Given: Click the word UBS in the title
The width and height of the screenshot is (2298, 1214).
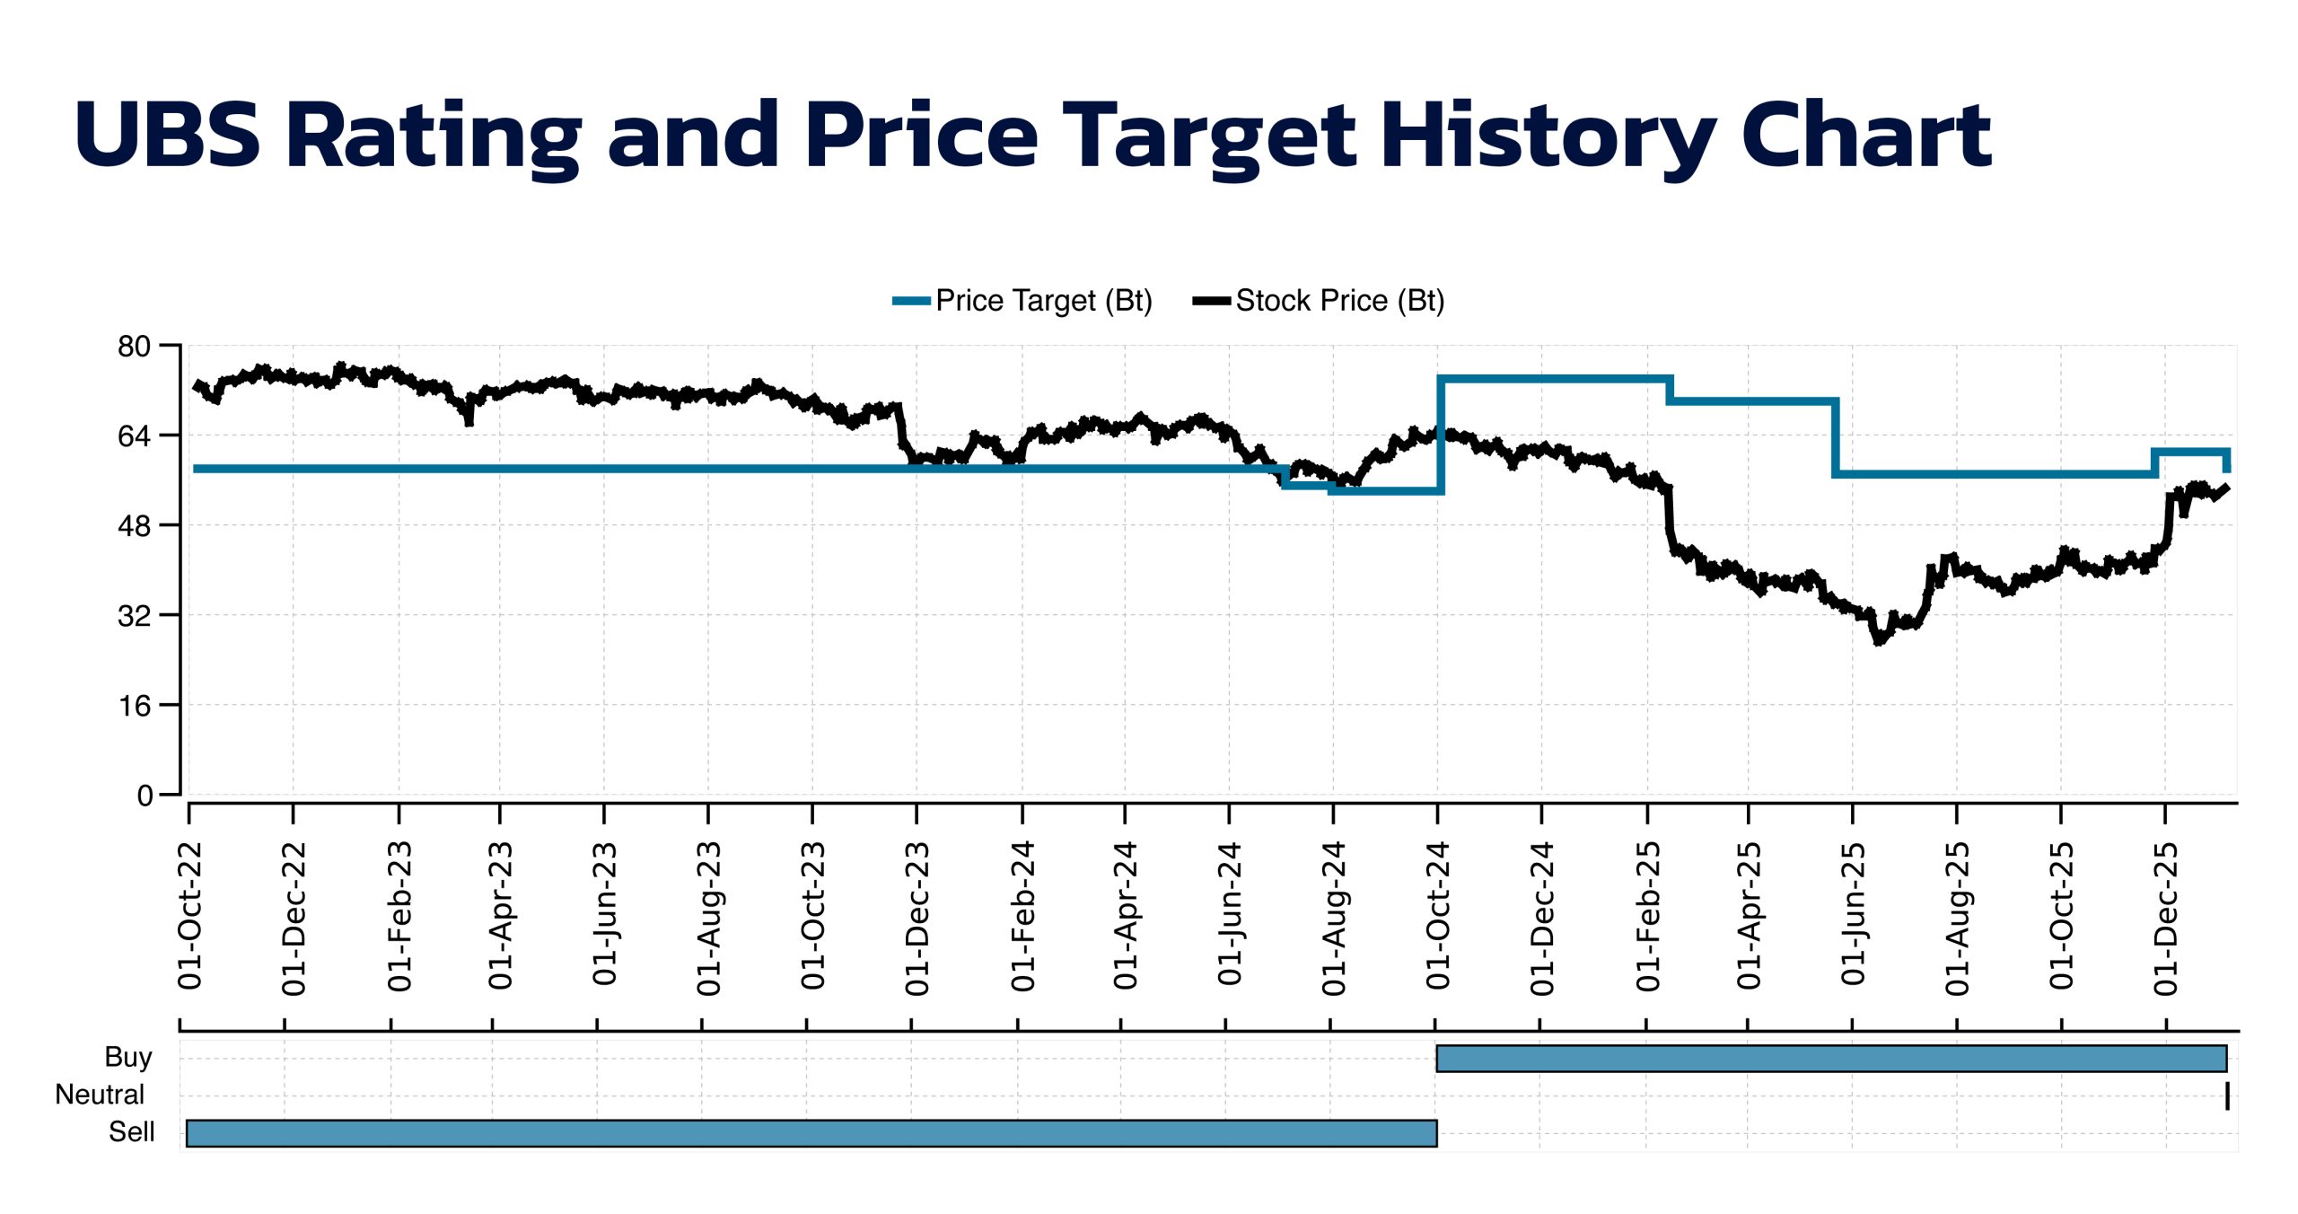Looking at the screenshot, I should point(168,135).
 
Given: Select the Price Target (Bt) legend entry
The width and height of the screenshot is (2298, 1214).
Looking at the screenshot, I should point(1023,301).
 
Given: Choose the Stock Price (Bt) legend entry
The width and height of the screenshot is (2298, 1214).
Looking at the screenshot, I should point(1320,301).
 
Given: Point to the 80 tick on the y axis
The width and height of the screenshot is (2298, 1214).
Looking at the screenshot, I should point(134,347).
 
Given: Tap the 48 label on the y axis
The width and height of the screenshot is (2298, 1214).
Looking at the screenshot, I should point(134,526).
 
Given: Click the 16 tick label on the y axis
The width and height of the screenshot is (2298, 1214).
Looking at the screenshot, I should point(134,707).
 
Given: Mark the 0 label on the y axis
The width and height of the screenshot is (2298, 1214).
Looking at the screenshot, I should point(145,796).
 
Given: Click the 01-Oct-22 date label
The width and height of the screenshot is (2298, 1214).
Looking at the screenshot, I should point(190,916).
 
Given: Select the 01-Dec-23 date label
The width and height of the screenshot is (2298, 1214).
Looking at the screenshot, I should point(917,918).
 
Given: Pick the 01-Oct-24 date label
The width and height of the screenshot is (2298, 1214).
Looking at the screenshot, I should point(1438,916).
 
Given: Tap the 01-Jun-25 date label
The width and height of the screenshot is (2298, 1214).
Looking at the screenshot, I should point(1854,914).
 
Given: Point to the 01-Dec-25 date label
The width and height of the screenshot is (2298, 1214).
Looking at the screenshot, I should point(2166,918).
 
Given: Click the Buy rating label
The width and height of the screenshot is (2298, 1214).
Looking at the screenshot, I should point(128,1057).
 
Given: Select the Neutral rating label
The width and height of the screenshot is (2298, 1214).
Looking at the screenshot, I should point(100,1095).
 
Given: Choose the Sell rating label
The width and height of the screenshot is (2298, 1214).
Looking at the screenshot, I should point(131,1132).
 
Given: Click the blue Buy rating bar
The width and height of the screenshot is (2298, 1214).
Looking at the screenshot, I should point(1831,1059).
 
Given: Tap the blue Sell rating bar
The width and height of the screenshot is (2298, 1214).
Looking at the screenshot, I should point(811,1133).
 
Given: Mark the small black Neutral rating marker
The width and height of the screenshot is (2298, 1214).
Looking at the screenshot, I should point(2227,1096).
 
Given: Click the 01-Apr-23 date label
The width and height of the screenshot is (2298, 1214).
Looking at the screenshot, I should point(501,916).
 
